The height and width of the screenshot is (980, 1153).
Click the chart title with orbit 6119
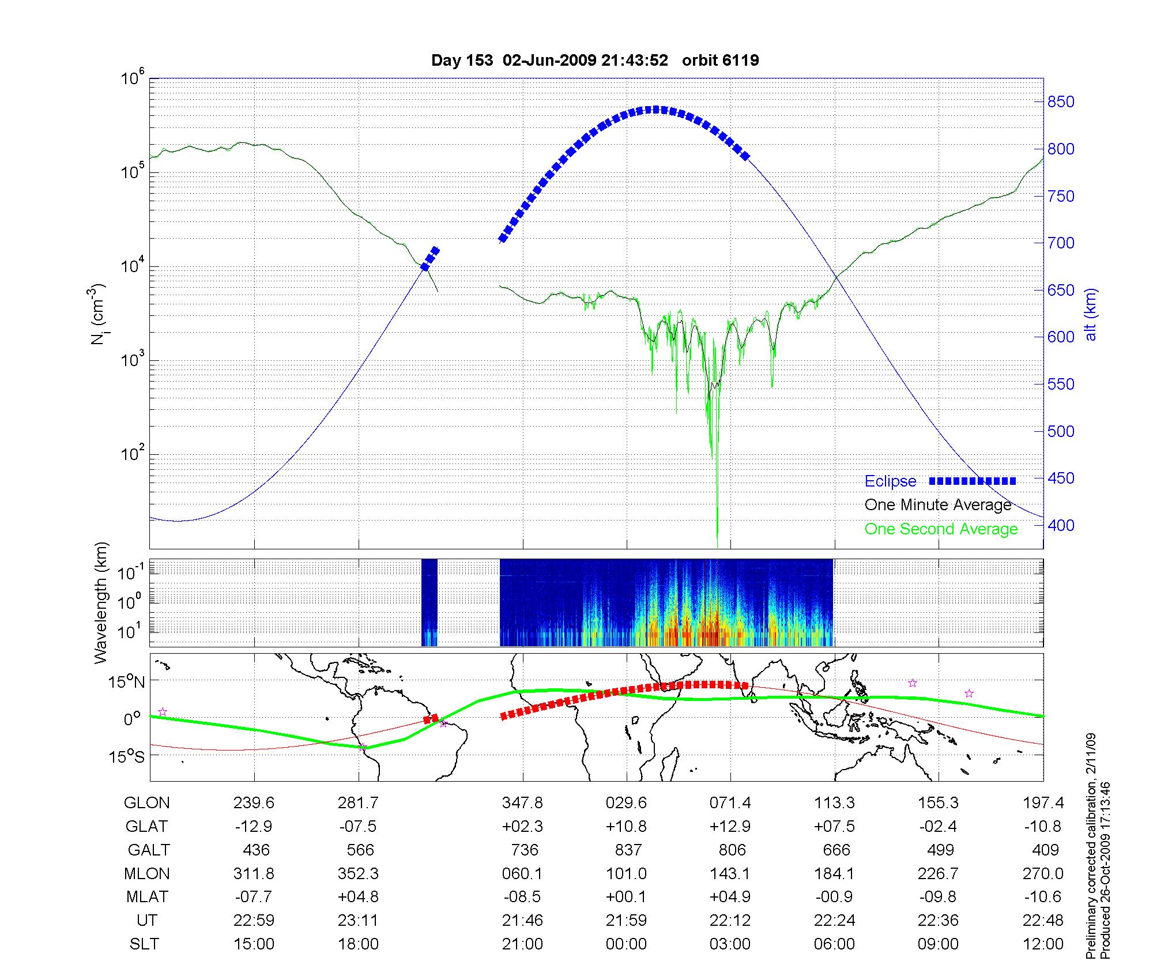[595, 61]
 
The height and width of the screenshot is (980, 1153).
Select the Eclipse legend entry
[890, 481]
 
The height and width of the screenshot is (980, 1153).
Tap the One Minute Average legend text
[938, 505]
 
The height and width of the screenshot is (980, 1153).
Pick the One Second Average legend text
[941, 529]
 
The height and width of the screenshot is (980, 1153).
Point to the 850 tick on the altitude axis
[1061, 102]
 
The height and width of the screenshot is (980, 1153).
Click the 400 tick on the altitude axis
[1061, 525]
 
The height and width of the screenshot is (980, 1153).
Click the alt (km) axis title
[1091, 315]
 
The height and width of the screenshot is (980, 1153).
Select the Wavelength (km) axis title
[101, 603]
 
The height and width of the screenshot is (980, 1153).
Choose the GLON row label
[146, 803]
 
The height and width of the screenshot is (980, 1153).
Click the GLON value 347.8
[522, 803]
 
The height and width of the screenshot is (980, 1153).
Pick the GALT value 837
[628, 850]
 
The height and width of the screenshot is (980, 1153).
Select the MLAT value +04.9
[730, 897]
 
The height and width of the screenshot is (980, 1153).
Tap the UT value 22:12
[730, 921]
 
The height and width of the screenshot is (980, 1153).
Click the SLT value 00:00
[626, 944]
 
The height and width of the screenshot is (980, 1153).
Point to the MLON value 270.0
[1043, 874]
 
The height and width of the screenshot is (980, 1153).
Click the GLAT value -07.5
[358, 827]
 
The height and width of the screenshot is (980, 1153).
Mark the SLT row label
[144, 944]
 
